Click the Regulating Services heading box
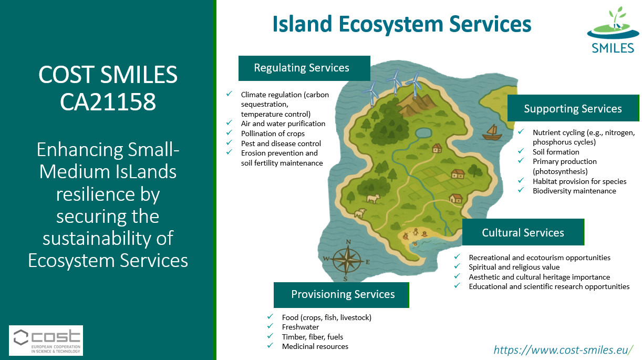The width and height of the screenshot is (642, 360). [x=304, y=68]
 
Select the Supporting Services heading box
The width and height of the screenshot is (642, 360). [x=573, y=108]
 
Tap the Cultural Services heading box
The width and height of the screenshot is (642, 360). [x=523, y=232]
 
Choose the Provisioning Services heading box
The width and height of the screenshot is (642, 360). [x=341, y=295]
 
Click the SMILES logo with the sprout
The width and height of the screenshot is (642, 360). [x=613, y=29]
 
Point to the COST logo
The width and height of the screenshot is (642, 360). [x=46, y=341]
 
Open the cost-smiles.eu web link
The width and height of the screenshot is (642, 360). [x=563, y=350]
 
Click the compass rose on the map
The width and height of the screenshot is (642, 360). [x=347, y=260]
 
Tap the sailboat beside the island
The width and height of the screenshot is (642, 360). [x=492, y=132]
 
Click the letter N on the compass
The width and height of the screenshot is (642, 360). [x=348, y=242]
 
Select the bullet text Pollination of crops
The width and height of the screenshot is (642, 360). [x=273, y=133]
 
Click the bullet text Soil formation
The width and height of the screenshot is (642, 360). [x=556, y=152]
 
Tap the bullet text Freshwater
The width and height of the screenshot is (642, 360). [x=301, y=327]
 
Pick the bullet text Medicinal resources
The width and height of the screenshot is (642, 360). [x=315, y=346]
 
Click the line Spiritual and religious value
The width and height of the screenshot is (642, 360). [x=514, y=267]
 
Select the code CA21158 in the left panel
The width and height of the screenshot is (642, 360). [x=108, y=101]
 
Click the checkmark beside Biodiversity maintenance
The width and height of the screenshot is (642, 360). [x=521, y=190]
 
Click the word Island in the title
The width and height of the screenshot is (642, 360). [x=302, y=24]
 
